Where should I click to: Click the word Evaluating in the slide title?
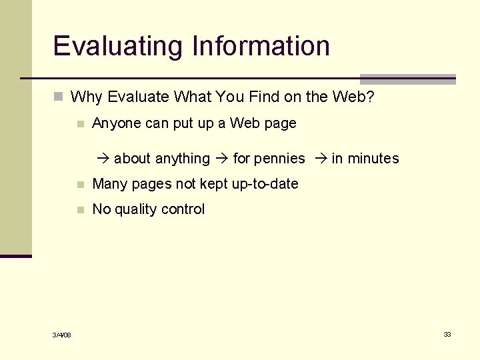click(x=118, y=47)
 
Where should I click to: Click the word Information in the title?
click(x=261, y=46)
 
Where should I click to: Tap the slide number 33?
click(x=447, y=334)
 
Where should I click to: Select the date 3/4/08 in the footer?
click(x=62, y=335)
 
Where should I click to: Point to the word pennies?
click(x=279, y=159)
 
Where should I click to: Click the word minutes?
click(x=373, y=159)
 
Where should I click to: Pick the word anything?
click(x=182, y=159)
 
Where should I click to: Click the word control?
click(x=184, y=209)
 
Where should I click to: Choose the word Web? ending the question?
click(x=351, y=97)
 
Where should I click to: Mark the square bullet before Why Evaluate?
click(x=59, y=97)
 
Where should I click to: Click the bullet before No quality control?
click(x=80, y=209)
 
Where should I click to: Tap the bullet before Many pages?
click(x=80, y=184)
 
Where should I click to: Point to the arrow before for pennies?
click(x=223, y=159)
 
